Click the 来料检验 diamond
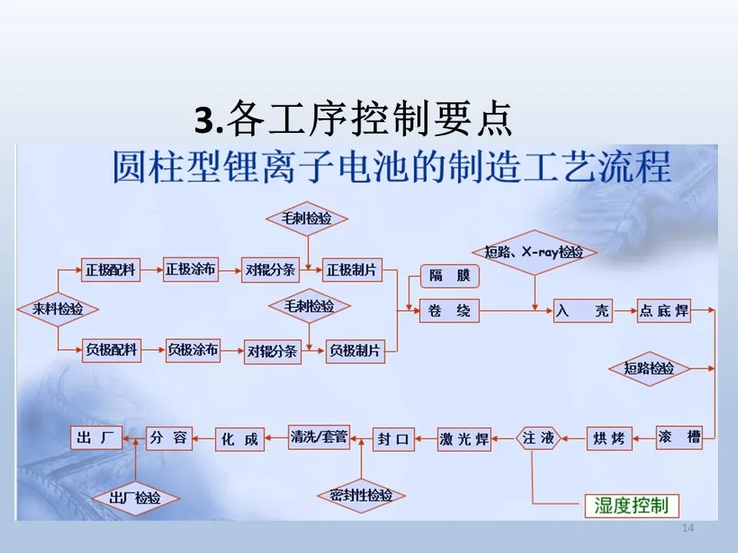(x=58, y=309)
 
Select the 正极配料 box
(x=111, y=270)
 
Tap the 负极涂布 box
(x=193, y=350)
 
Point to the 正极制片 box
(x=352, y=270)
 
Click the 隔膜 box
(x=450, y=276)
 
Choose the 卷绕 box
(x=449, y=310)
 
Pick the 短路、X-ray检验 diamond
(x=534, y=253)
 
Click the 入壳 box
(x=583, y=310)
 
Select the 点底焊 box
(x=663, y=310)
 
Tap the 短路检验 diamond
(x=649, y=369)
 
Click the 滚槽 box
(x=679, y=438)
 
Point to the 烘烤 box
(x=609, y=439)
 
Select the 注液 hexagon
(x=538, y=439)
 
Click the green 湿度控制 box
(x=632, y=506)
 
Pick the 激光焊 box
(x=464, y=439)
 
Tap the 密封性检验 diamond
(x=361, y=495)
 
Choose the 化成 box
(x=240, y=439)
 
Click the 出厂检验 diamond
(x=135, y=498)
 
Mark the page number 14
(x=688, y=528)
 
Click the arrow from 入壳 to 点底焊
(x=625, y=310)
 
